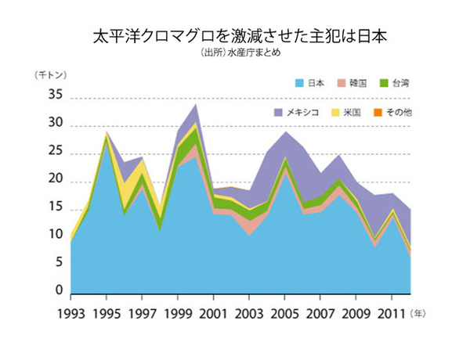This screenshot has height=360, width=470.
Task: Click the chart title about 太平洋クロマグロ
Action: pyautogui.click(x=234, y=37)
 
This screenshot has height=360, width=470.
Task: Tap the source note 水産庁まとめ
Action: pyautogui.click(x=234, y=54)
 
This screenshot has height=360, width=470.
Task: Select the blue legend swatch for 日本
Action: pyautogui.click(x=298, y=82)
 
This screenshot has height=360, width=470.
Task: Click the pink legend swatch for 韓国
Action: pyautogui.click(x=341, y=82)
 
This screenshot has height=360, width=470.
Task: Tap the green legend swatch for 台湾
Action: pyautogui.click(x=383, y=82)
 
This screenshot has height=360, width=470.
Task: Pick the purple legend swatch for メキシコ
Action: pyautogui.click(x=278, y=113)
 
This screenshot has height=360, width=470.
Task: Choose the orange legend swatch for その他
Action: pyautogui.click(x=377, y=113)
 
